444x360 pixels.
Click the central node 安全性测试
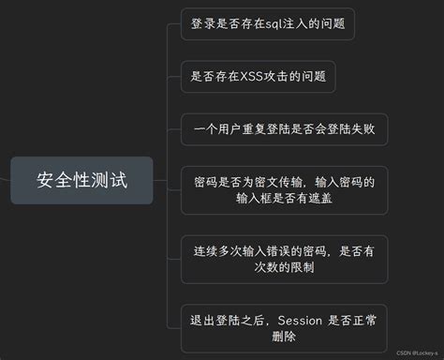(81, 180)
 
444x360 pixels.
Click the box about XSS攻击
(258, 76)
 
